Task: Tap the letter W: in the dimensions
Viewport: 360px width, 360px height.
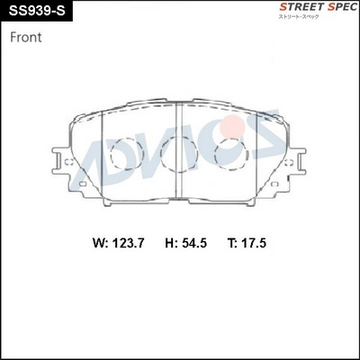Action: pos(99,243)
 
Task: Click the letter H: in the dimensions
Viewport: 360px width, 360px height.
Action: pos(172,243)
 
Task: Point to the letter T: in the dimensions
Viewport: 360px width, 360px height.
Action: pos(235,243)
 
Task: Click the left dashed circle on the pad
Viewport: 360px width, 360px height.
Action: pos(124,154)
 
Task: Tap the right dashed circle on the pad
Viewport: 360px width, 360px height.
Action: pos(232,154)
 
